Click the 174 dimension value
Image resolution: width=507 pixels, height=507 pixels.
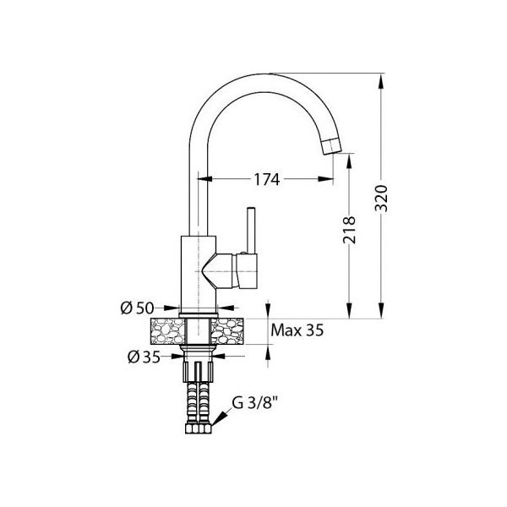266,179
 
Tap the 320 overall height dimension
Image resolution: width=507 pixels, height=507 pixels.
381,199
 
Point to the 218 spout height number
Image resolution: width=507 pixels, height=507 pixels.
349,230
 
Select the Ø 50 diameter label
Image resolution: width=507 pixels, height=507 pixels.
137,308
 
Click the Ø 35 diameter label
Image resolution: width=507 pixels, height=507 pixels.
144,357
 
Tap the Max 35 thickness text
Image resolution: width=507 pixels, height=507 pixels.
297,330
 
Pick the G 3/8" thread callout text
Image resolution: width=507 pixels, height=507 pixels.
255,403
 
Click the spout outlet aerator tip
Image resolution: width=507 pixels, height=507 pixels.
332,146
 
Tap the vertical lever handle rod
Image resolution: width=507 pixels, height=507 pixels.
251,230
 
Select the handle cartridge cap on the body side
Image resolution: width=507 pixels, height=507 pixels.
247,270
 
